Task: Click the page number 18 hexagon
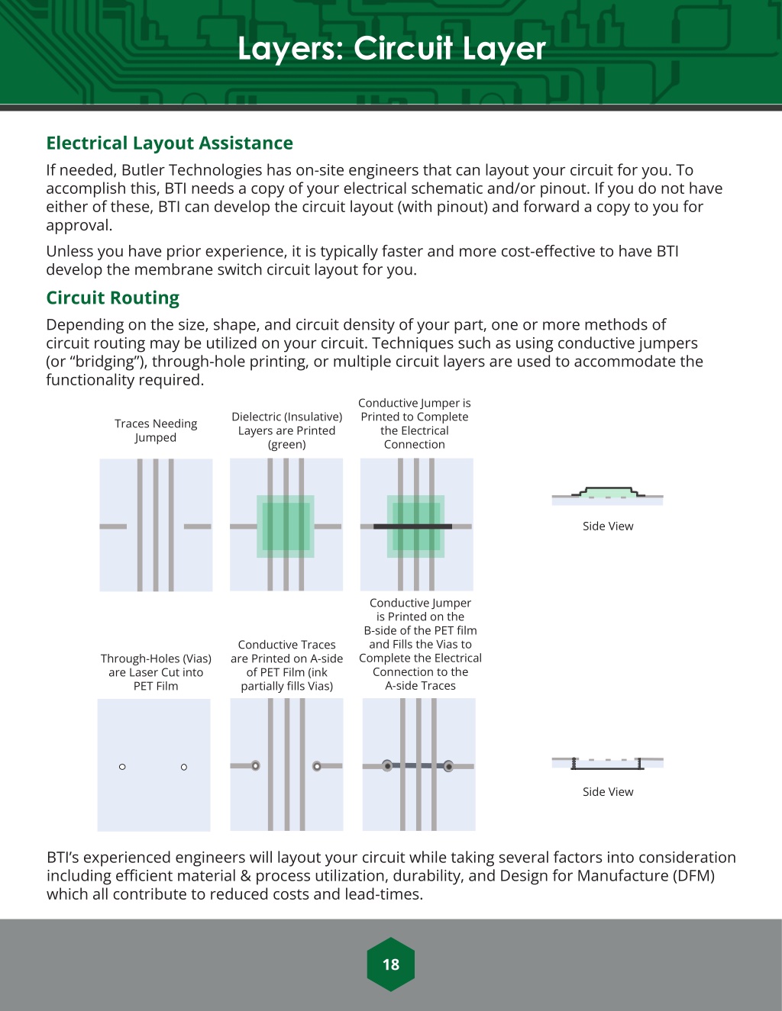(x=390, y=964)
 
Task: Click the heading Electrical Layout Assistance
(x=170, y=143)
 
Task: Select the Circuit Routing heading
(x=112, y=298)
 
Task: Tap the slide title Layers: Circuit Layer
(x=391, y=48)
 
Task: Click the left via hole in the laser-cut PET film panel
(x=122, y=767)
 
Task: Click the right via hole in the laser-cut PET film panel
(x=184, y=767)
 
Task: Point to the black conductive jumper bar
(x=412, y=526)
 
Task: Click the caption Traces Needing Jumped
(x=156, y=430)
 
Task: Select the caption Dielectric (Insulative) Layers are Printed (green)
(x=286, y=430)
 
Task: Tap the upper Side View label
(x=608, y=526)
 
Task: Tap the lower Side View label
(x=608, y=791)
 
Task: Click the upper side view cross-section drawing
(x=607, y=495)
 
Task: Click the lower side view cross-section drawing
(x=607, y=762)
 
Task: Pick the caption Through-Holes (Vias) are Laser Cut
(x=156, y=672)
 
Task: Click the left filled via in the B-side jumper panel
(x=388, y=765)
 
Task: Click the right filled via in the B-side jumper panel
(x=449, y=765)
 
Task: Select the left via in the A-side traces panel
(x=256, y=765)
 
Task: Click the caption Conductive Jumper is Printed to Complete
(x=415, y=423)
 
